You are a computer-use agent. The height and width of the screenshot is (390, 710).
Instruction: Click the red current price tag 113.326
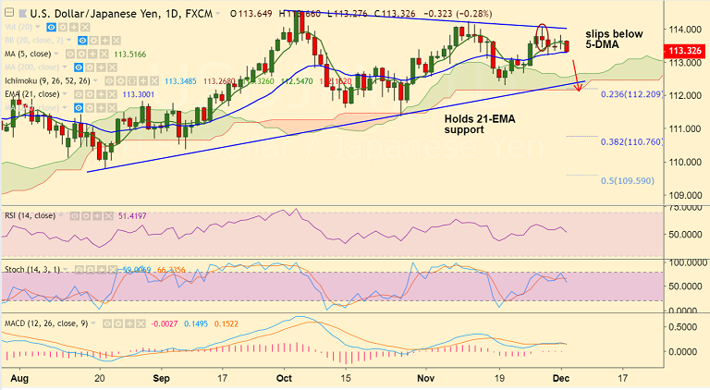(684, 50)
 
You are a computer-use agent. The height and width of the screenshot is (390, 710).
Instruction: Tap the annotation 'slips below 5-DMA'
(616, 39)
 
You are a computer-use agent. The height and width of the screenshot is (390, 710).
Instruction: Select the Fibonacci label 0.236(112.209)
(631, 95)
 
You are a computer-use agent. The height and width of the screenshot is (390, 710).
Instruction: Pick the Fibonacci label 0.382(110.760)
(631, 142)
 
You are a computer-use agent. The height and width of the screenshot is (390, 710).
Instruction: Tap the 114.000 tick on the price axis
(684, 30)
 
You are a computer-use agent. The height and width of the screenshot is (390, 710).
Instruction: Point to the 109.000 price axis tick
(684, 194)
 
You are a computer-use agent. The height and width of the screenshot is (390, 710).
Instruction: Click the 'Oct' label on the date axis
(284, 379)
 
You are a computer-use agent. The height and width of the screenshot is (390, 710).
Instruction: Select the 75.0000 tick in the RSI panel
(684, 209)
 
